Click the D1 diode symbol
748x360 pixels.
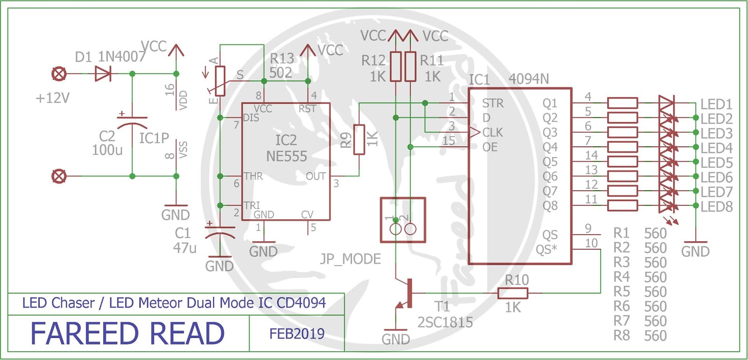coord(102,73)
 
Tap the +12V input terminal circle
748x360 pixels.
coord(59,73)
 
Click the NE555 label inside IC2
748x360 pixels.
coord(286,157)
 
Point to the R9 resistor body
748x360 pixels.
coord(359,139)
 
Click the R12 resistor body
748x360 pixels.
coord(396,66)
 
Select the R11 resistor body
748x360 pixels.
coord(410,66)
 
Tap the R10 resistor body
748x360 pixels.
coord(512,293)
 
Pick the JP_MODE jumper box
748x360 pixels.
coord(403,220)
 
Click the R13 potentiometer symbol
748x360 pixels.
coord(220,81)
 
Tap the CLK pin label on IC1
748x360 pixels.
coord(492,133)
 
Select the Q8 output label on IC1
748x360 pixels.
coord(550,206)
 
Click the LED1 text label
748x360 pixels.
coord(716,104)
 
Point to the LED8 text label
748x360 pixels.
coord(716,207)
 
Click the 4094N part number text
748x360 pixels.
coord(528,79)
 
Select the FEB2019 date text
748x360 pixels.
coord(297,333)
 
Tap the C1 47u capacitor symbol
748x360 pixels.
coord(219,232)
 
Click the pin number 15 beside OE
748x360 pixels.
coord(448,140)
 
